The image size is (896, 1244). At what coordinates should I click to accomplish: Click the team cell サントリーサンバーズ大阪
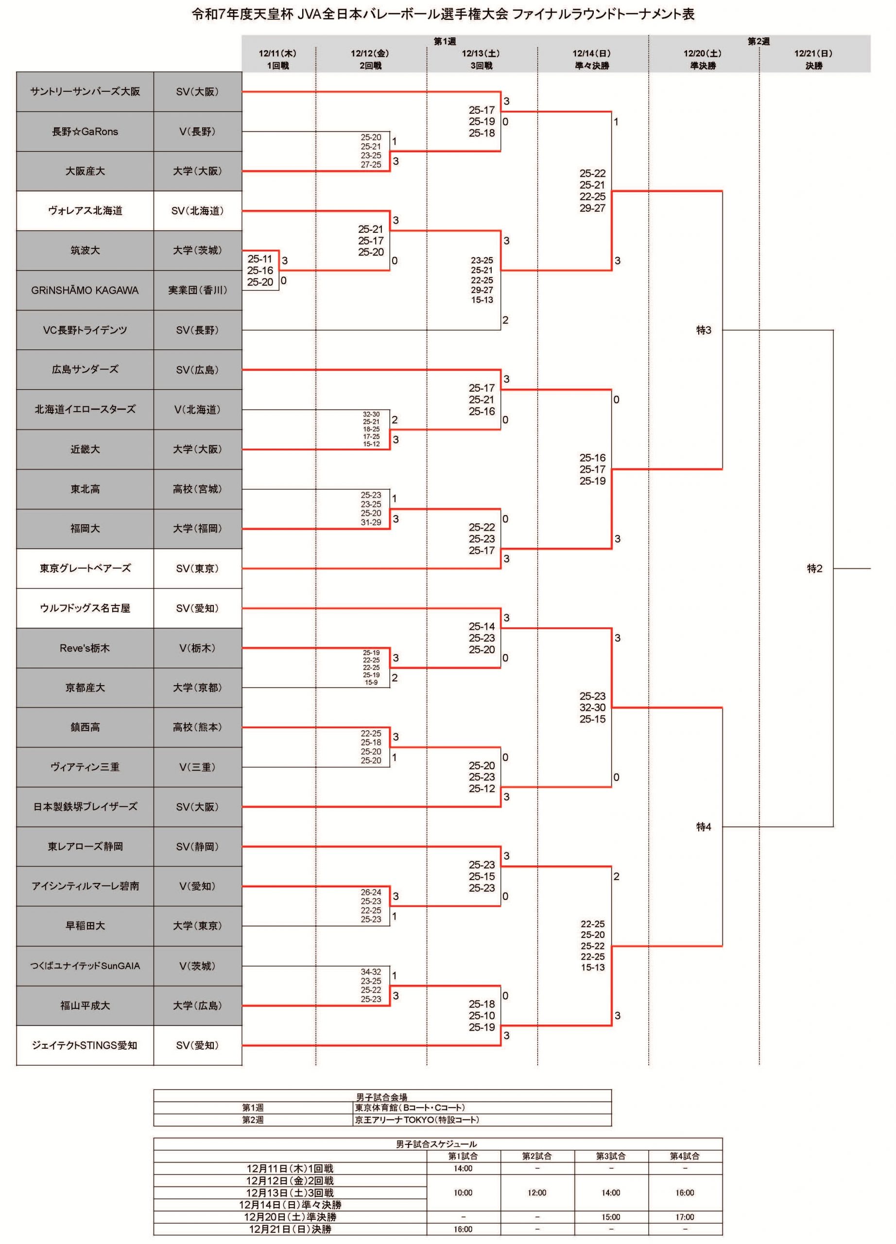pos(85,92)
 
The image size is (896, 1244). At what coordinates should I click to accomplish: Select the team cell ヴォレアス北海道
pos(85,210)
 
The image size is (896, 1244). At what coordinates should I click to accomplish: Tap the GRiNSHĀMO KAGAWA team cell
pos(85,290)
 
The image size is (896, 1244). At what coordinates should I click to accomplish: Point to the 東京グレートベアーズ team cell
pos(85,568)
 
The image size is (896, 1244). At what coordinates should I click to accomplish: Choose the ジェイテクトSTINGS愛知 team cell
pos(85,1045)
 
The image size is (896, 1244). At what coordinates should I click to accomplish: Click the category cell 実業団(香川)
pos(197,290)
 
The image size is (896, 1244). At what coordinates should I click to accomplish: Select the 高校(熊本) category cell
pos(197,727)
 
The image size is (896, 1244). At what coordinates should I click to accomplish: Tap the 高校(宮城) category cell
pos(197,489)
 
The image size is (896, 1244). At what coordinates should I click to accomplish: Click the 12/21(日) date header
pos(813,53)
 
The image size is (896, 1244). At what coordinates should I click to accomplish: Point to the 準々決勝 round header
pos(592,66)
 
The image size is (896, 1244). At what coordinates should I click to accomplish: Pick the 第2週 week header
pos(759,41)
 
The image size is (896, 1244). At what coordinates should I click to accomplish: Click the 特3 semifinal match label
pos(704,330)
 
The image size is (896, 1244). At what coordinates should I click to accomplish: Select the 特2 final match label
pos(814,568)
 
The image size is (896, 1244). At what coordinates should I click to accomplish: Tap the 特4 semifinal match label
pos(704,827)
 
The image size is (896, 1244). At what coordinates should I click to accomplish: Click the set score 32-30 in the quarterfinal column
pos(592,708)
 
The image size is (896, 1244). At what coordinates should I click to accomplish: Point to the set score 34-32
pos(371,972)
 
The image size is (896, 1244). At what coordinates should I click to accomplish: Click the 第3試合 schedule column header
pos(611,1156)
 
